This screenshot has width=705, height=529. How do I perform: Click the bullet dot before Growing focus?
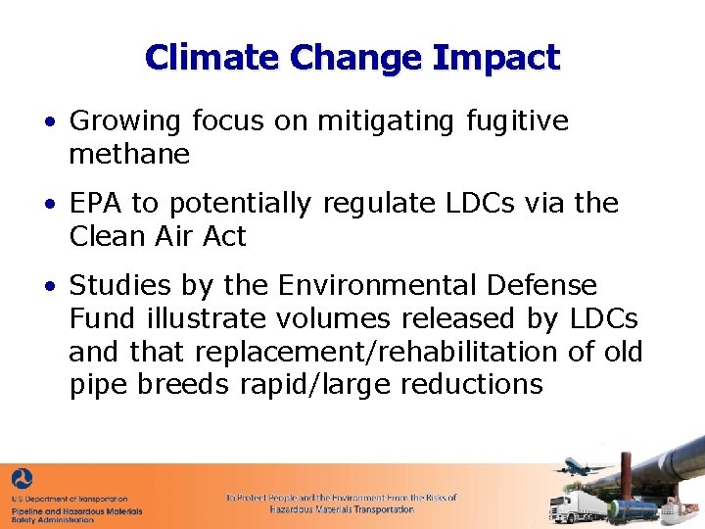point(48,122)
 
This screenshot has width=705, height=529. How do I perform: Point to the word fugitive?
point(516,121)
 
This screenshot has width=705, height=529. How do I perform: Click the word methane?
point(129,154)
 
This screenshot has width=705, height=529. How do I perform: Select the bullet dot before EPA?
point(48,204)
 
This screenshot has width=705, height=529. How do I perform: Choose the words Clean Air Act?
point(158,236)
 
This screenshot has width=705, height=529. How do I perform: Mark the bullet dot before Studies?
point(48,286)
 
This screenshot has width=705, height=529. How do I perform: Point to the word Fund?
point(96,318)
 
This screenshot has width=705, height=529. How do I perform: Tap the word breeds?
point(185,384)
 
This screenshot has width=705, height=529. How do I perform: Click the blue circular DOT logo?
point(22,481)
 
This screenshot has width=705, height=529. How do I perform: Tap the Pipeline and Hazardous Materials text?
point(76,510)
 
